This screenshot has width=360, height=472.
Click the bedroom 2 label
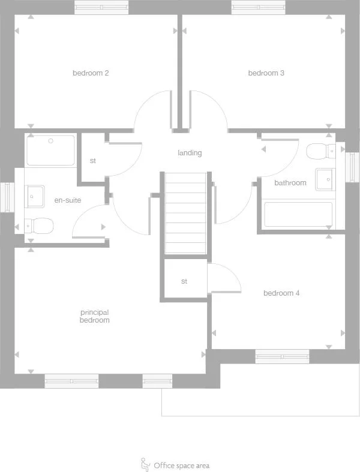[91, 73]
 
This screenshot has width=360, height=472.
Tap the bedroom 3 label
[266, 73]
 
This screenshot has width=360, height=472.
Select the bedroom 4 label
[281, 293]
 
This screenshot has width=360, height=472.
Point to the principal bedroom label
[95, 316]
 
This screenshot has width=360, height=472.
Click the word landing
[190, 153]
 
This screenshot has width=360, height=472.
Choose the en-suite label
[67, 200]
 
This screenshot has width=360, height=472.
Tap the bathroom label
[290, 183]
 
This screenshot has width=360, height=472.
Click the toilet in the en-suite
[41, 226]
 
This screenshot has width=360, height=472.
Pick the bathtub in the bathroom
[298, 215]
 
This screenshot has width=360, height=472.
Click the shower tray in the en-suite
[51, 151]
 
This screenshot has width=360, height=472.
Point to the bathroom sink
[326, 178]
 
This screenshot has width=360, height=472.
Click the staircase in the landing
[185, 213]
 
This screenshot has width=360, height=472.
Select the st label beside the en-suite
[93, 161]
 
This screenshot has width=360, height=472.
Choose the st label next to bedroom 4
[184, 281]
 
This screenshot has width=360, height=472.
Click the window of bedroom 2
[101, 7]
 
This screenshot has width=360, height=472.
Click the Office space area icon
[145, 464]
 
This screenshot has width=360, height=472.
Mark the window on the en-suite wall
[7, 196]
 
